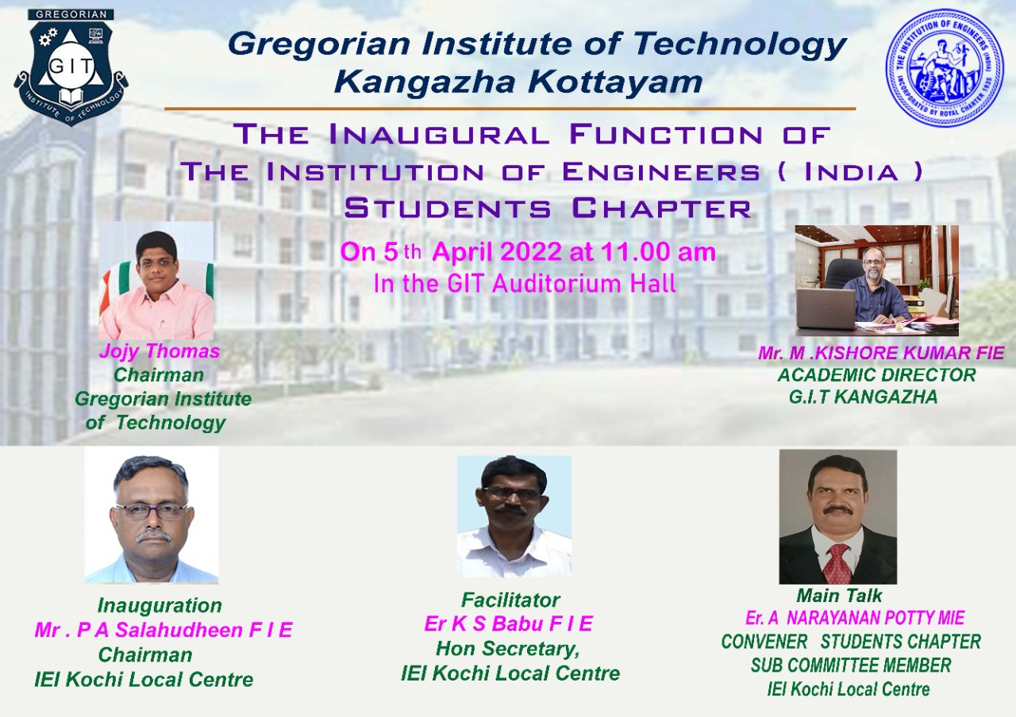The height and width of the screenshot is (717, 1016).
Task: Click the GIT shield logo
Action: (71, 68)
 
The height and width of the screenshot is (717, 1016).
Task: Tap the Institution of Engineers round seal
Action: (945, 67)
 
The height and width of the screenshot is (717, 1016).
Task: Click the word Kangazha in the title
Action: (425, 82)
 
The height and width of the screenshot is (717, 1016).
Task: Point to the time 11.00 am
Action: (658, 252)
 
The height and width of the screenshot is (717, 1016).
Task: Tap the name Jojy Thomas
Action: (160, 351)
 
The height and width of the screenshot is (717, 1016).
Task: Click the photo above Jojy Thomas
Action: (156, 281)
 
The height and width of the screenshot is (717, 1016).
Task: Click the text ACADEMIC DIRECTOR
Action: (877, 375)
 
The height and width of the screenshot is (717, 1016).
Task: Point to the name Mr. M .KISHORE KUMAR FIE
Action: (881, 353)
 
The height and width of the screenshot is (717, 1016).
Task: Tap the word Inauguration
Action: (160, 605)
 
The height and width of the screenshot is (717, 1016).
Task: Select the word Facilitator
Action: (510, 600)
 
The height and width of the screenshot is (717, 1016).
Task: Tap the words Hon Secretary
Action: (507, 649)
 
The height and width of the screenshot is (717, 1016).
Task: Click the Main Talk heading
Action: (839, 596)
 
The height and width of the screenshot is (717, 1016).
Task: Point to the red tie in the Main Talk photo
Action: (838, 564)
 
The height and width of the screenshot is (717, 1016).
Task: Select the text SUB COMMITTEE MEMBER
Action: (851, 665)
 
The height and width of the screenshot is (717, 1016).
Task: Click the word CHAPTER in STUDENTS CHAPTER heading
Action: (662, 209)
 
